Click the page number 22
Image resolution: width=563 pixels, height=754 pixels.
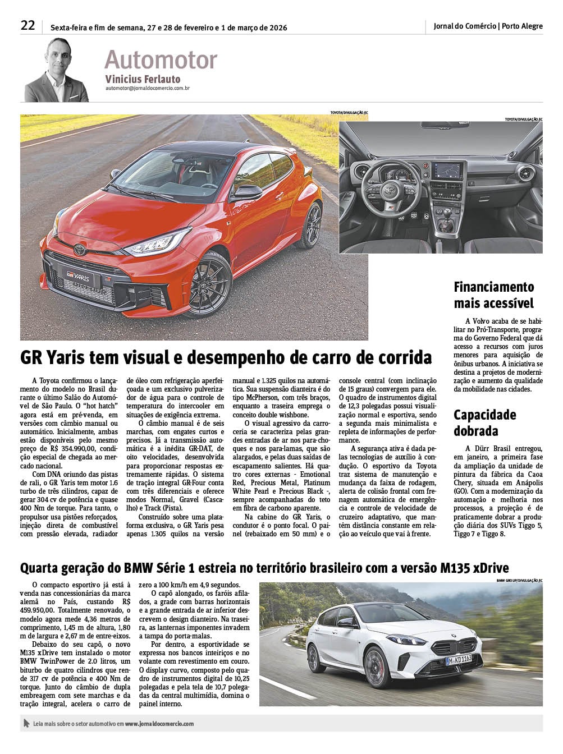point(28,25)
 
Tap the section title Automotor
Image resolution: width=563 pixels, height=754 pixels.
point(161,59)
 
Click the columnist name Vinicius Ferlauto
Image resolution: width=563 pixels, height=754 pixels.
point(143,79)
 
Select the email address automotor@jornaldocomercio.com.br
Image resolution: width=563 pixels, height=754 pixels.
point(147,88)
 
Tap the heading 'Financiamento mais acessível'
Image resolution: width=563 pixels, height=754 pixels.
point(493,295)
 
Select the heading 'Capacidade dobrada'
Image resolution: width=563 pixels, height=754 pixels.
point(484,423)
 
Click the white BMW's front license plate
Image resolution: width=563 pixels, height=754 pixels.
point(459,660)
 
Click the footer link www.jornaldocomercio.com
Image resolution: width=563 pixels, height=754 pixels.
point(159,724)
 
